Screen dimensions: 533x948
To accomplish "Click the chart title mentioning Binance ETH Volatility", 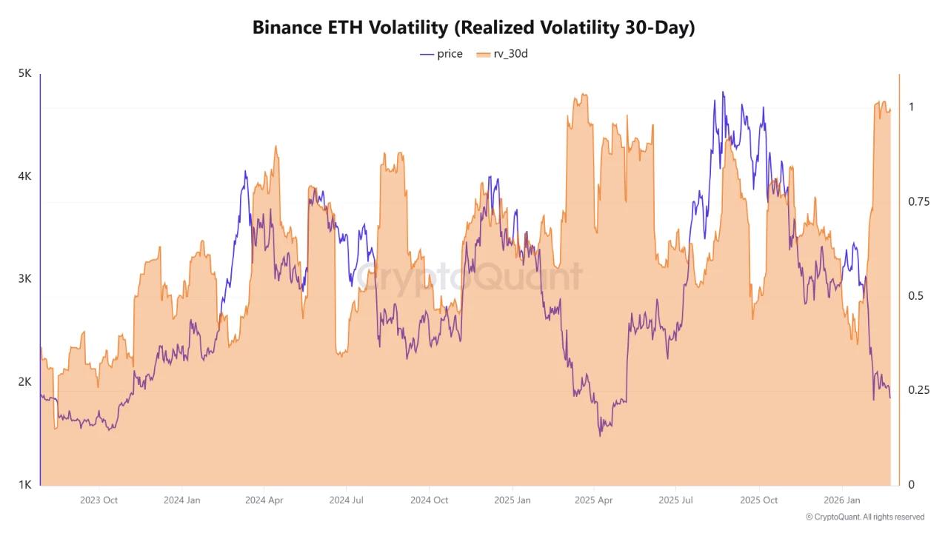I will [x=473, y=27].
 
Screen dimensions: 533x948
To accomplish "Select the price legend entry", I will [x=441, y=54].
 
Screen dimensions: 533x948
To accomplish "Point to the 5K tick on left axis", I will [x=24, y=74].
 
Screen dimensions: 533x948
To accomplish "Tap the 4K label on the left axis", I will [x=24, y=177].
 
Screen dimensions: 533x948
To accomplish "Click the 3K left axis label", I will [x=24, y=279].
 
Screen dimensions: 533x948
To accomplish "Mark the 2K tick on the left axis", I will [x=24, y=382].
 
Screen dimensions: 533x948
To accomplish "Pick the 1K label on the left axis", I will [x=24, y=485].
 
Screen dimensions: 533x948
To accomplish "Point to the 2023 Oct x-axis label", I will [x=99, y=500].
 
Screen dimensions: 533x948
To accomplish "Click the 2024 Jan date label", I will [x=182, y=500].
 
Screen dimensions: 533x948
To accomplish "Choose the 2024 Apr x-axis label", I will [x=264, y=500].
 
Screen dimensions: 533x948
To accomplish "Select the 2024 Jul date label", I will [x=347, y=500].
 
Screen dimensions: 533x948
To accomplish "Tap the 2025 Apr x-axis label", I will [x=595, y=500].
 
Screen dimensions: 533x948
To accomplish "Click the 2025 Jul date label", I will [x=677, y=500].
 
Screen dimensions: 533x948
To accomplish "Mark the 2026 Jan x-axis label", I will [x=844, y=500].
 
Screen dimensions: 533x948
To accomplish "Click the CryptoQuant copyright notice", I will [x=864, y=517].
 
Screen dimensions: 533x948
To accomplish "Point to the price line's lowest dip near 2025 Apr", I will [x=600, y=435].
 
